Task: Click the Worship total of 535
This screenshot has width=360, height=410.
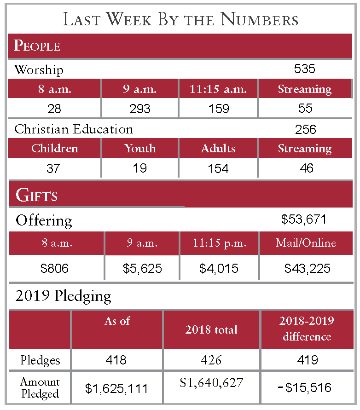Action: click(304, 69)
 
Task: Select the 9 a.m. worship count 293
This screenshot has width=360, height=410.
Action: click(139, 109)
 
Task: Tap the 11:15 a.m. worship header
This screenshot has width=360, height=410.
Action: click(218, 89)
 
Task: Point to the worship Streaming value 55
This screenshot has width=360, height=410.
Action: click(305, 109)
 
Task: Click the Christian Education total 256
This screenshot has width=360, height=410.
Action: click(306, 129)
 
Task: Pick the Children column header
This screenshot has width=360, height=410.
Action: click(54, 149)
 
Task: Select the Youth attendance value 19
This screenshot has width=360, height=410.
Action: click(139, 168)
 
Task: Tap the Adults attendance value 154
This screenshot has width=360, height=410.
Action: click(218, 168)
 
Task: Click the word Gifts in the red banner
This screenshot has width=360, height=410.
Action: click(36, 195)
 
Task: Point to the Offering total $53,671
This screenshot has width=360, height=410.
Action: click(304, 219)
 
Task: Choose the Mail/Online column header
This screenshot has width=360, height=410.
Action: click(306, 243)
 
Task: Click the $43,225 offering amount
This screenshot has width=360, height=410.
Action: click(307, 268)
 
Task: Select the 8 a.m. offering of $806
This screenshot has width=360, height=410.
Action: click(55, 268)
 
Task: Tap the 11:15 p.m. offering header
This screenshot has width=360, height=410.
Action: click(219, 243)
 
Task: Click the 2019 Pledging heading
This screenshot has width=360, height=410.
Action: click(63, 296)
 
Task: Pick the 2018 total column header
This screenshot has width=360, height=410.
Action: click(211, 329)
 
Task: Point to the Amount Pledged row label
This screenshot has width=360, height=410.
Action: click(40, 388)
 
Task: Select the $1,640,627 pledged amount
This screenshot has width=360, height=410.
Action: click(211, 382)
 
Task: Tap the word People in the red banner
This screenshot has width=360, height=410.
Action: click(37, 46)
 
